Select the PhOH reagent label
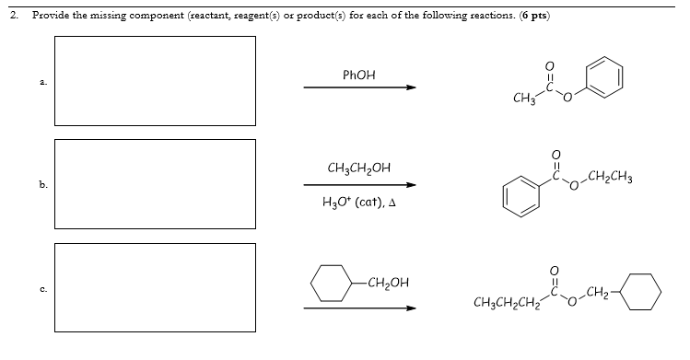(358, 73)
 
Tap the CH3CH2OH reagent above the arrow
(358, 168)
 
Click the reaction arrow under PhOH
(359, 88)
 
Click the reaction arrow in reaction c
(359, 308)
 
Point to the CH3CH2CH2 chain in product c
(502, 302)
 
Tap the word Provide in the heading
(52, 15)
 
